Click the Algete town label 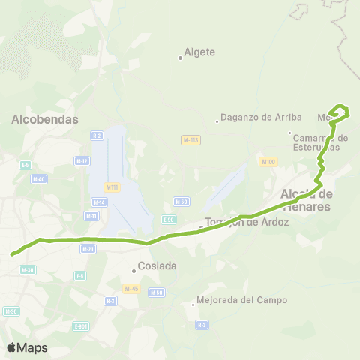click(x=199, y=52)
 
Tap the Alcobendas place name click(x=46, y=118)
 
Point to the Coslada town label click(x=156, y=265)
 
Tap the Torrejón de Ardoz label click(x=247, y=223)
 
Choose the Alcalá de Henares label click(x=306, y=200)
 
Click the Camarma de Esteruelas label click(x=322, y=142)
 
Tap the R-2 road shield click(x=97, y=136)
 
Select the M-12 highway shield click(x=82, y=160)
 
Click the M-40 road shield click(x=39, y=178)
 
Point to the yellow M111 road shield click(x=112, y=187)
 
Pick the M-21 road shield click(x=88, y=248)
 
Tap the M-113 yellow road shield click(x=190, y=140)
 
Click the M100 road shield click(x=268, y=161)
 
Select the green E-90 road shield click(x=168, y=219)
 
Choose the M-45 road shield click(x=131, y=288)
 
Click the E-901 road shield click(x=81, y=325)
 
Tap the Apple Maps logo click(x=27, y=347)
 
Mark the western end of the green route click(x=12, y=254)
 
